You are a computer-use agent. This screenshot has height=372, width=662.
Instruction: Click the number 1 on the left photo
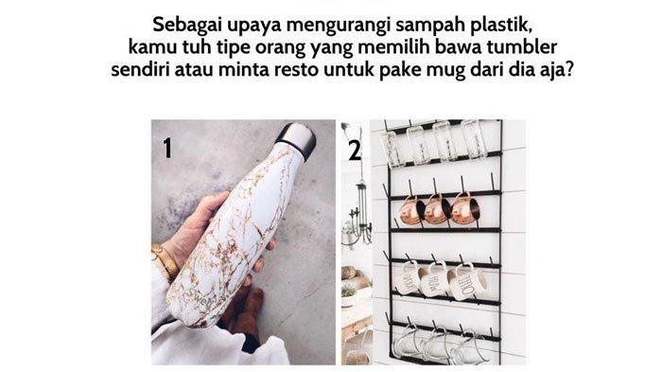tap(167, 149)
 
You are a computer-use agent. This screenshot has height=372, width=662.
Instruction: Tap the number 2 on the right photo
tap(355, 151)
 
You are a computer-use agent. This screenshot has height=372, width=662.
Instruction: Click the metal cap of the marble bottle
tap(295, 139)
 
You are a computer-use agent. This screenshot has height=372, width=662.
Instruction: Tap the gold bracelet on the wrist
tap(165, 261)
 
